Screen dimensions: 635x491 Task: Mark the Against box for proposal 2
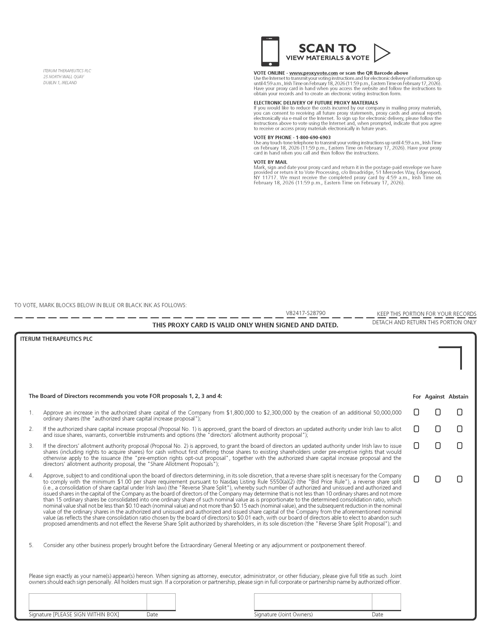[x=438, y=429]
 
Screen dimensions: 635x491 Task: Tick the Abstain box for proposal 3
[x=460, y=446]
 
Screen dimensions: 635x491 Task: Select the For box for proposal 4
[x=416, y=479]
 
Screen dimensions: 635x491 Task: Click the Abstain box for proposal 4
[x=460, y=479]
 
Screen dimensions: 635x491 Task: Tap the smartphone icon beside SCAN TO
[x=270, y=51]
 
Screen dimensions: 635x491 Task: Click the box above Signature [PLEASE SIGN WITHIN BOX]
[x=88, y=602]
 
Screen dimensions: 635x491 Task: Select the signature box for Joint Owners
[x=313, y=602]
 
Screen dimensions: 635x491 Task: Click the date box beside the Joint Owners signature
[x=386, y=602]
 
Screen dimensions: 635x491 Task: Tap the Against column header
[x=435, y=397]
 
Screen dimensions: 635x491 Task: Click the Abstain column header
[x=458, y=397]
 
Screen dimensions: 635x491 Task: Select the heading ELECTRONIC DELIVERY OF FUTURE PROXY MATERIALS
[x=316, y=103]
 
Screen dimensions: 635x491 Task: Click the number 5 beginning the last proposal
[x=31, y=545]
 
